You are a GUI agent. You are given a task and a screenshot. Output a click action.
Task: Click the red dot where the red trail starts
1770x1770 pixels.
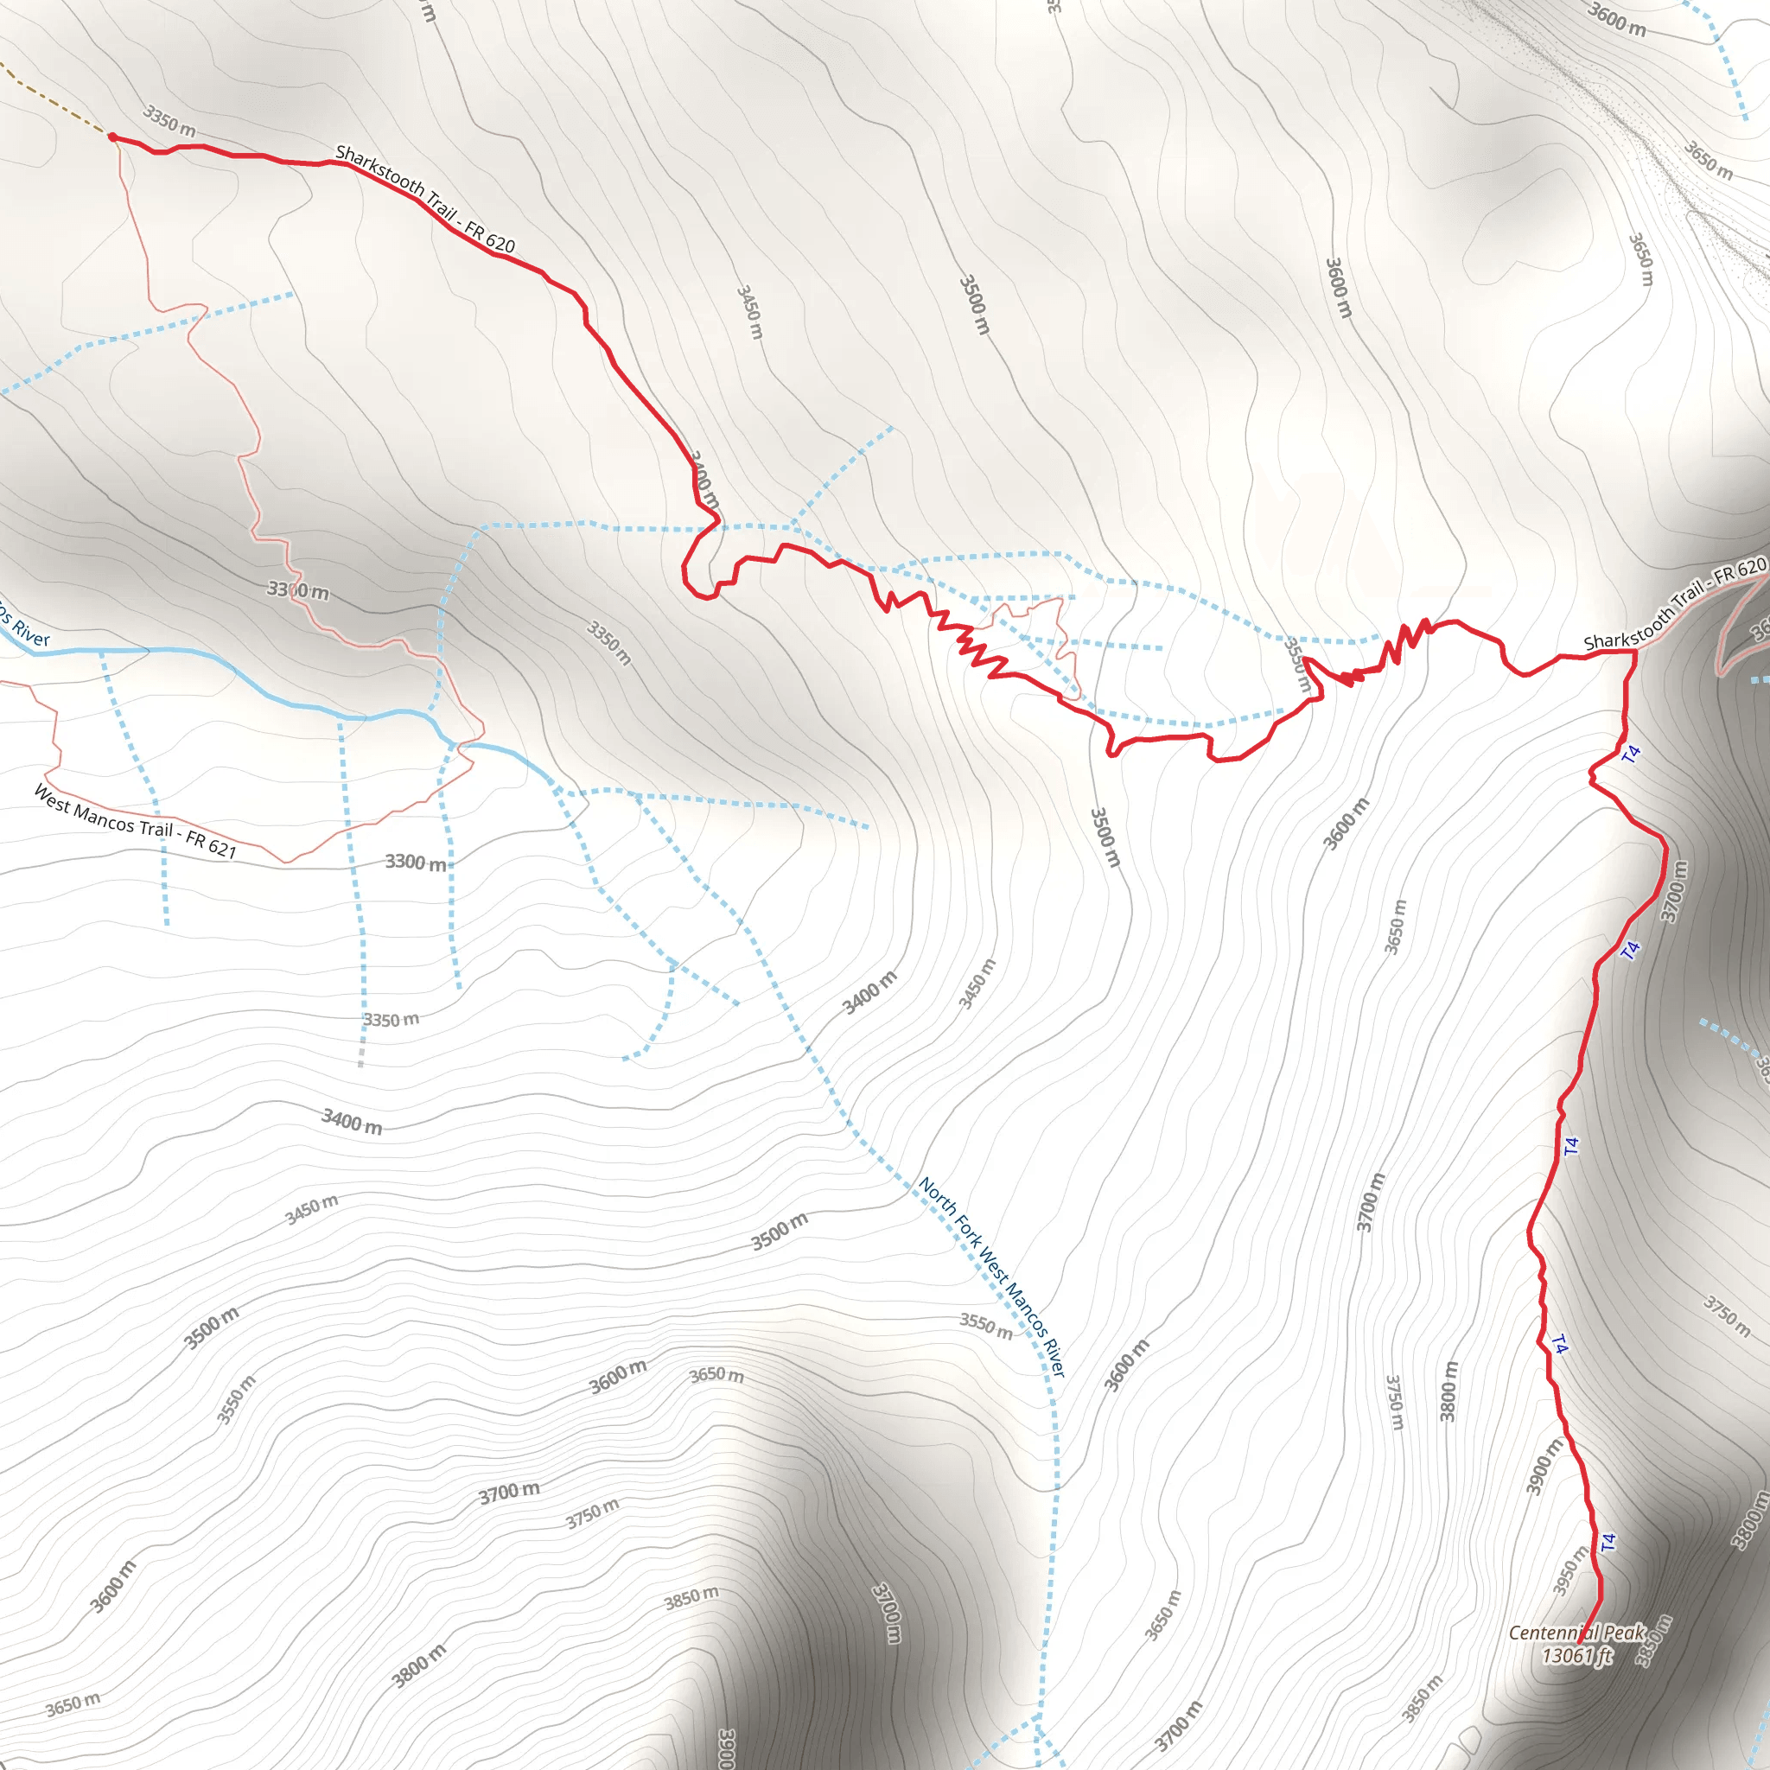coord(112,137)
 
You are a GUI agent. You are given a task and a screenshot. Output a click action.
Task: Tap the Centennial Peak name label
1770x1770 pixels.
coord(1576,1633)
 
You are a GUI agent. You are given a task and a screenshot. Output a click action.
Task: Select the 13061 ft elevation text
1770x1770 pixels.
coord(1576,1655)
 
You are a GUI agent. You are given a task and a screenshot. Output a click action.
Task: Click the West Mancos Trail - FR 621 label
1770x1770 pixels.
coord(136,822)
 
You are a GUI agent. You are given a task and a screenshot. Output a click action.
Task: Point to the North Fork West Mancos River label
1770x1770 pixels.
coord(992,1277)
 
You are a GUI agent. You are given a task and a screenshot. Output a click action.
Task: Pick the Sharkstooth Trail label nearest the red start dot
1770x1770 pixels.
coord(425,198)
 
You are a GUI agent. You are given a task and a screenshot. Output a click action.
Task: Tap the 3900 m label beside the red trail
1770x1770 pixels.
coord(1544,1467)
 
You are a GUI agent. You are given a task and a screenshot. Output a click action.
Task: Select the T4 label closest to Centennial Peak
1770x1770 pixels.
coord(1608,1542)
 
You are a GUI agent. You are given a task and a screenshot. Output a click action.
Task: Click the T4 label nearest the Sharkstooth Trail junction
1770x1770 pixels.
coord(1632,754)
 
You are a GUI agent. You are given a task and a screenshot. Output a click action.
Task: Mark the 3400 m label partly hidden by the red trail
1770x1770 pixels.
coord(704,479)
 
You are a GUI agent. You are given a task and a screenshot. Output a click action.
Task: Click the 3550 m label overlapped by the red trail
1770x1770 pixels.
coord(1297,665)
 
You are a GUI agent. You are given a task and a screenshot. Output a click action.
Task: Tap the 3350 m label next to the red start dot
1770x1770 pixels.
coord(169,121)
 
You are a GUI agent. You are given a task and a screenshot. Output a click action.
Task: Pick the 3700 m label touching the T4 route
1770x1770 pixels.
coord(1674,891)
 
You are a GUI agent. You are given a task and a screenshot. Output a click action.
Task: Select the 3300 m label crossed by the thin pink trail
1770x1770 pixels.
coord(298,591)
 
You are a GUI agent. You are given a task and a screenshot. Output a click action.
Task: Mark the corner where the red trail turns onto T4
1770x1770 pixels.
coord(1634,653)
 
